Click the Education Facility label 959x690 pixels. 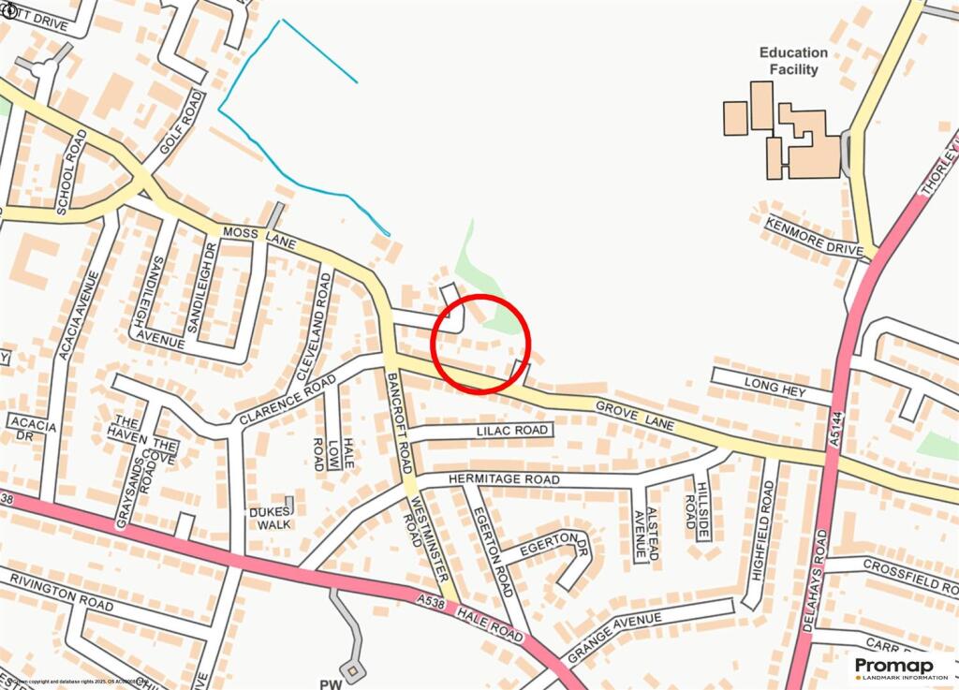click(x=793, y=61)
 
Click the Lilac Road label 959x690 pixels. click(x=511, y=431)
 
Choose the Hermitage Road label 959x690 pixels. click(x=504, y=479)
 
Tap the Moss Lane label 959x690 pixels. click(x=259, y=238)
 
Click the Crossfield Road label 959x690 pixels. click(x=909, y=571)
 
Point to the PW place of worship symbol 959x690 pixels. click(x=352, y=669)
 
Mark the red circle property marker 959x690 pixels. click(x=481, y=344)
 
